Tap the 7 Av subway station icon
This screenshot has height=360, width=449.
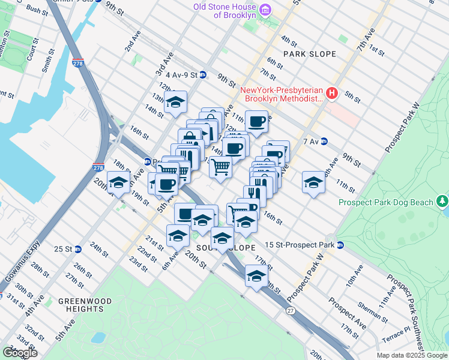324,142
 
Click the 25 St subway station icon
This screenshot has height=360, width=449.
77,248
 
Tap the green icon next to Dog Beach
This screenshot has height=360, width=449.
442,200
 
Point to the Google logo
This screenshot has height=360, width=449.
20,353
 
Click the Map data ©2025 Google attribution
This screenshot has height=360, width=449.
412,355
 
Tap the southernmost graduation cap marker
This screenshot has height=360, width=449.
256,276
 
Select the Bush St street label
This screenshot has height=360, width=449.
37,10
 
